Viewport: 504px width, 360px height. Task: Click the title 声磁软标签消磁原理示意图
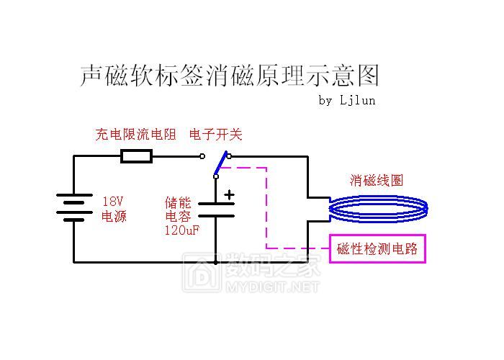click(228, 75)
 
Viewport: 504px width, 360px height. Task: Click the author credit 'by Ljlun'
click(346, 100)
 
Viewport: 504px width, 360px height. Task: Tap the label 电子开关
click(215, 135)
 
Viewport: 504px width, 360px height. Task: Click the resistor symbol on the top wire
click(136, 156)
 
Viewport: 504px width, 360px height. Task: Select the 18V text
click(114, 202)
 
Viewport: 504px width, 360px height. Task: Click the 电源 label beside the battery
click(114, 216)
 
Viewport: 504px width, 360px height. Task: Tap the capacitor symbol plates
click(216, 209)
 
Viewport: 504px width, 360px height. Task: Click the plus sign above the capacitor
click(229, 194)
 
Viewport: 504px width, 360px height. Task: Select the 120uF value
click(182, 230)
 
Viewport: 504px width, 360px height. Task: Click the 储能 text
click(177, 202)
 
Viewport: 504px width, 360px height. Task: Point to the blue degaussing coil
click(378, 209)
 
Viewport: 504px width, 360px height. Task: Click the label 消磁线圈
click(377, 180)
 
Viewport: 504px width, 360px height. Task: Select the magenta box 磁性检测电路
click(377, 249)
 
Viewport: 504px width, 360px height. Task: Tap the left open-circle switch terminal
click(202, 156)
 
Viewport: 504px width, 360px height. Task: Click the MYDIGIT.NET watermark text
click(271, 287)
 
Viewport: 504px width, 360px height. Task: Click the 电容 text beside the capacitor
click(177, 216)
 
